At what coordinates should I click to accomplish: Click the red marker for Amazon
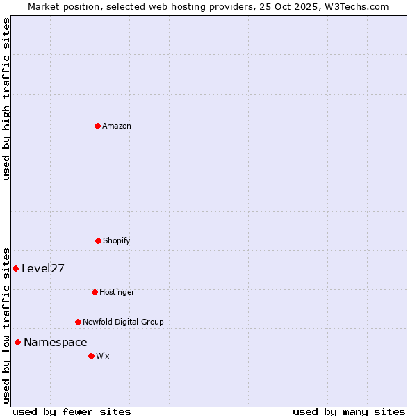97,126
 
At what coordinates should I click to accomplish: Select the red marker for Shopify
98,240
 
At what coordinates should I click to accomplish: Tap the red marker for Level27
15,268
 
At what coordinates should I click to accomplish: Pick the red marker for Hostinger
95,292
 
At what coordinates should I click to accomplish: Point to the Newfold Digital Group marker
78,322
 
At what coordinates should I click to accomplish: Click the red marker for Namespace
17,342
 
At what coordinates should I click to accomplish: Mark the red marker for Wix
91,356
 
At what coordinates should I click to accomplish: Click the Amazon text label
117,126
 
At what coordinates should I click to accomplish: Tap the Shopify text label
117,240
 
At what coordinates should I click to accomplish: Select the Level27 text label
43,269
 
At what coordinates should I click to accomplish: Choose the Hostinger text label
117,292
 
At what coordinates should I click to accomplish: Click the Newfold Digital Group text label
123,322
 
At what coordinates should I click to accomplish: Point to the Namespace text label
56,342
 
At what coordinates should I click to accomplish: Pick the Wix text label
103,356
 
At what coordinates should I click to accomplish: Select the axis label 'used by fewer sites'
72,411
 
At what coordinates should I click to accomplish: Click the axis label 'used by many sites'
349,411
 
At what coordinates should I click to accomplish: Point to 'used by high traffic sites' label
6,99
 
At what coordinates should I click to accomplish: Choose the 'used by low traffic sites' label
6,325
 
